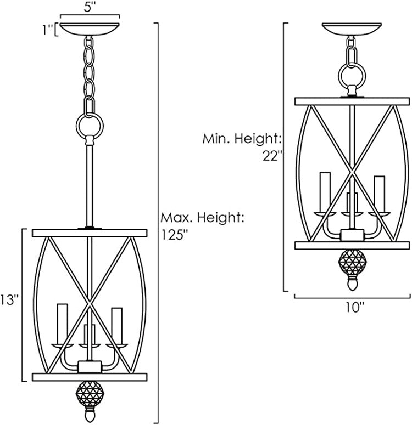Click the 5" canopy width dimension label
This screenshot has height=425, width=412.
[90, 9]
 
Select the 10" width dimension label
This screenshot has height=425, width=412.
[355, 307]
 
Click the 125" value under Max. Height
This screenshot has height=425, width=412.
[175, 234]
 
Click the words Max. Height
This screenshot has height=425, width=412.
[202, 218]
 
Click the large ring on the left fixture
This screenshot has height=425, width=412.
[88, 126]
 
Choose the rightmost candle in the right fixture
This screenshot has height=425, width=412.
[378, 191]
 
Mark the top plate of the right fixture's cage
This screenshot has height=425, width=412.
[352, 101]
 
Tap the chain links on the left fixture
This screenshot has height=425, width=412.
[88, 71]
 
